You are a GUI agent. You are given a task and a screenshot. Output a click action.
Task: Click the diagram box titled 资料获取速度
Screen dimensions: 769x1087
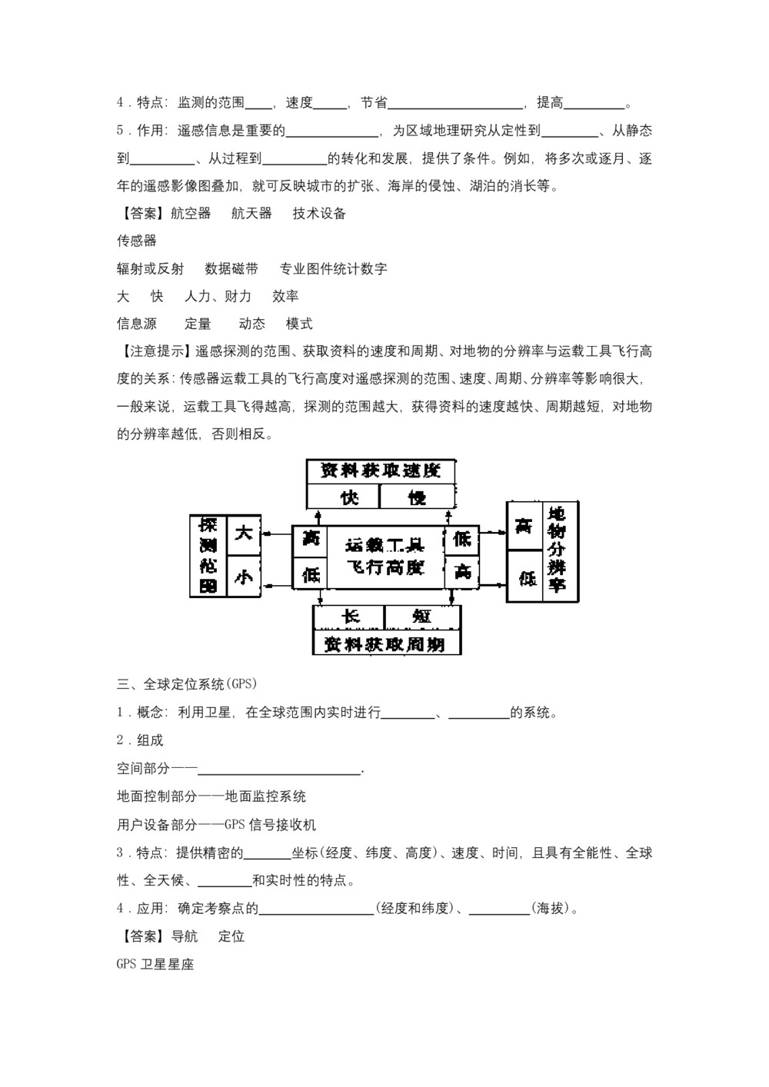pyautogui.click(x=380, y=470)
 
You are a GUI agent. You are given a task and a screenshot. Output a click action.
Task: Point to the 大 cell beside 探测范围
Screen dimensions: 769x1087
pyautogui.click(x=243, y=533)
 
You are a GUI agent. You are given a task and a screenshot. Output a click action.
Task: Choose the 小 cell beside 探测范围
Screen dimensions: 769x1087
pyautogui.click(x=243, y=577)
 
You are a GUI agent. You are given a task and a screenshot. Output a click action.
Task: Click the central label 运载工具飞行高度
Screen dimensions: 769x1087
pyautogui.click(x=384, y=557)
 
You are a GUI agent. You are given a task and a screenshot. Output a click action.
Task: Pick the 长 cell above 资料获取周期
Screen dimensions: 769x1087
pyautogui.click(x=350, y=617)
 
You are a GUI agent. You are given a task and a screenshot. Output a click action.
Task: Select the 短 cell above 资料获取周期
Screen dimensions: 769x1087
pyautogui.click(x=421, y=617)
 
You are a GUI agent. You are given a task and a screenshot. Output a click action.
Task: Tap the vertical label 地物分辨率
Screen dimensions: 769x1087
pyautogui.click(x=556, y=551)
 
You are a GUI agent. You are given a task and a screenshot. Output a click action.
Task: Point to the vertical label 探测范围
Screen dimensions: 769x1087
pyautogui.click(x=208, y=556)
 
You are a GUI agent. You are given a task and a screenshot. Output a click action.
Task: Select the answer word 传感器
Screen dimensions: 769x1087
pyautogui.click(x=137, y=241)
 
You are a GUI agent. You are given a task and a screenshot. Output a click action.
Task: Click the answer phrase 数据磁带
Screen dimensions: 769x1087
pyautogui.click(x=231, y=268)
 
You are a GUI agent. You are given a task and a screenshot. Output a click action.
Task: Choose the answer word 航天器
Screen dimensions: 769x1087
pyautogui.click(x=251, y=213)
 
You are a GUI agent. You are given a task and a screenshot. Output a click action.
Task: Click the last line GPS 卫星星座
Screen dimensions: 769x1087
pyautogui.click(x=155, y=963)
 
